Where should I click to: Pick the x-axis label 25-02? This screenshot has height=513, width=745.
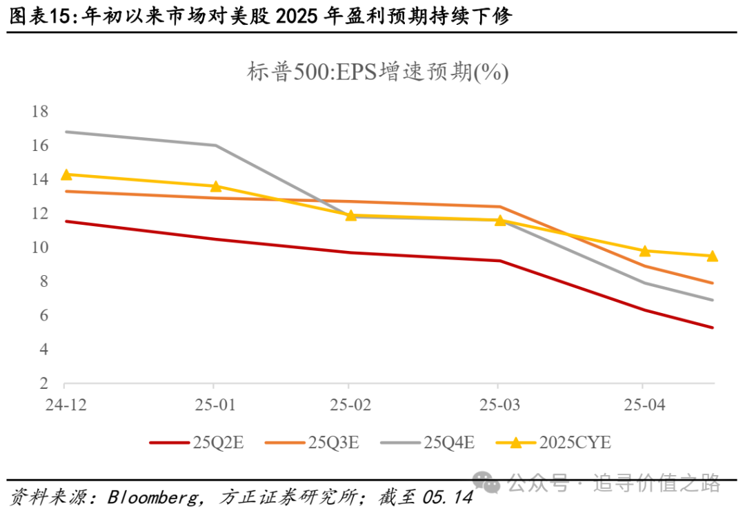point(352,405)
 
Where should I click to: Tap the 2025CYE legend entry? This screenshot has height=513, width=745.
point(555,443)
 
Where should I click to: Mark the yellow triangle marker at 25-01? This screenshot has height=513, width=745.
point(215,186)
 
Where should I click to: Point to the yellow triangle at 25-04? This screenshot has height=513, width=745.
point(644,251)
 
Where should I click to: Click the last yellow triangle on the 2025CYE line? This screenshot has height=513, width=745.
point(713,256)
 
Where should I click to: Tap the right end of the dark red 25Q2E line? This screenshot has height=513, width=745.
point(713,328)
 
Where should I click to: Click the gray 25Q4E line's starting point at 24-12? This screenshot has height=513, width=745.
point(66,132)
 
